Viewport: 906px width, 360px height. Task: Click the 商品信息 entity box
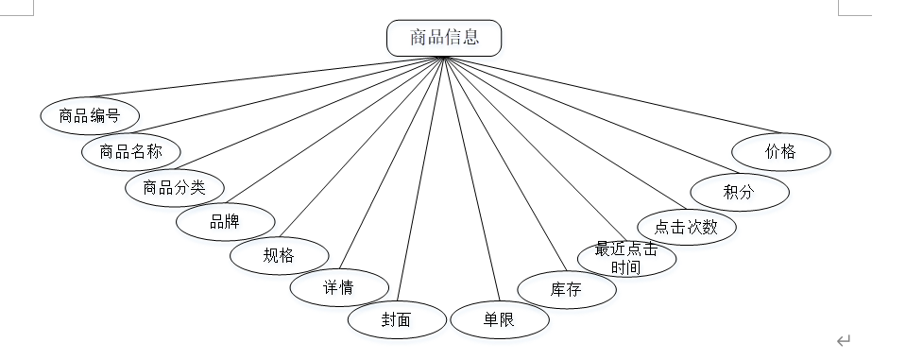pos(444,38)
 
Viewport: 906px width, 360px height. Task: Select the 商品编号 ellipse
pos(90,115)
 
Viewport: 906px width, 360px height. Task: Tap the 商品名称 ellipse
pos(131,151)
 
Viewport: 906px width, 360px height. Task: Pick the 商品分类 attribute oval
pos(175,188)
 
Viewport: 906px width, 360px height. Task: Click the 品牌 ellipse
pos(226,222)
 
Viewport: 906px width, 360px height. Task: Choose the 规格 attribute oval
pos(279,255)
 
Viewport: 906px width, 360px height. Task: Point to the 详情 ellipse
pos(339,287)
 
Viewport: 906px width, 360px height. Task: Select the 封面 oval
pos(397,319)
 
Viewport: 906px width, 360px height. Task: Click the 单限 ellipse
pos(499,319)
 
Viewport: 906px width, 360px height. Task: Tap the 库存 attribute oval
pos(567,289)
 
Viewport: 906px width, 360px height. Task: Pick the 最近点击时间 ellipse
pos(627,258)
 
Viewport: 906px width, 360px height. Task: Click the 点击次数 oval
pos(687,227)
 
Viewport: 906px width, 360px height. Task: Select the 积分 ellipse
pos(740,192)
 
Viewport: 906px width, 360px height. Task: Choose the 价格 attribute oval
pos(781,152)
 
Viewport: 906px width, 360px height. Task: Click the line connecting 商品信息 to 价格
pos(612,95)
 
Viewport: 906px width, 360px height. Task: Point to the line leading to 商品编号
pos(267,77)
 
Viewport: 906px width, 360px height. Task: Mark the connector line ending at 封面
pos(420,180)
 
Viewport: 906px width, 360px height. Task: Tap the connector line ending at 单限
pos(471,180)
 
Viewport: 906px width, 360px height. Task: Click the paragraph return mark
pos(844,340)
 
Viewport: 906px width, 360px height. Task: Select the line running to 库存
pos(505,164)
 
